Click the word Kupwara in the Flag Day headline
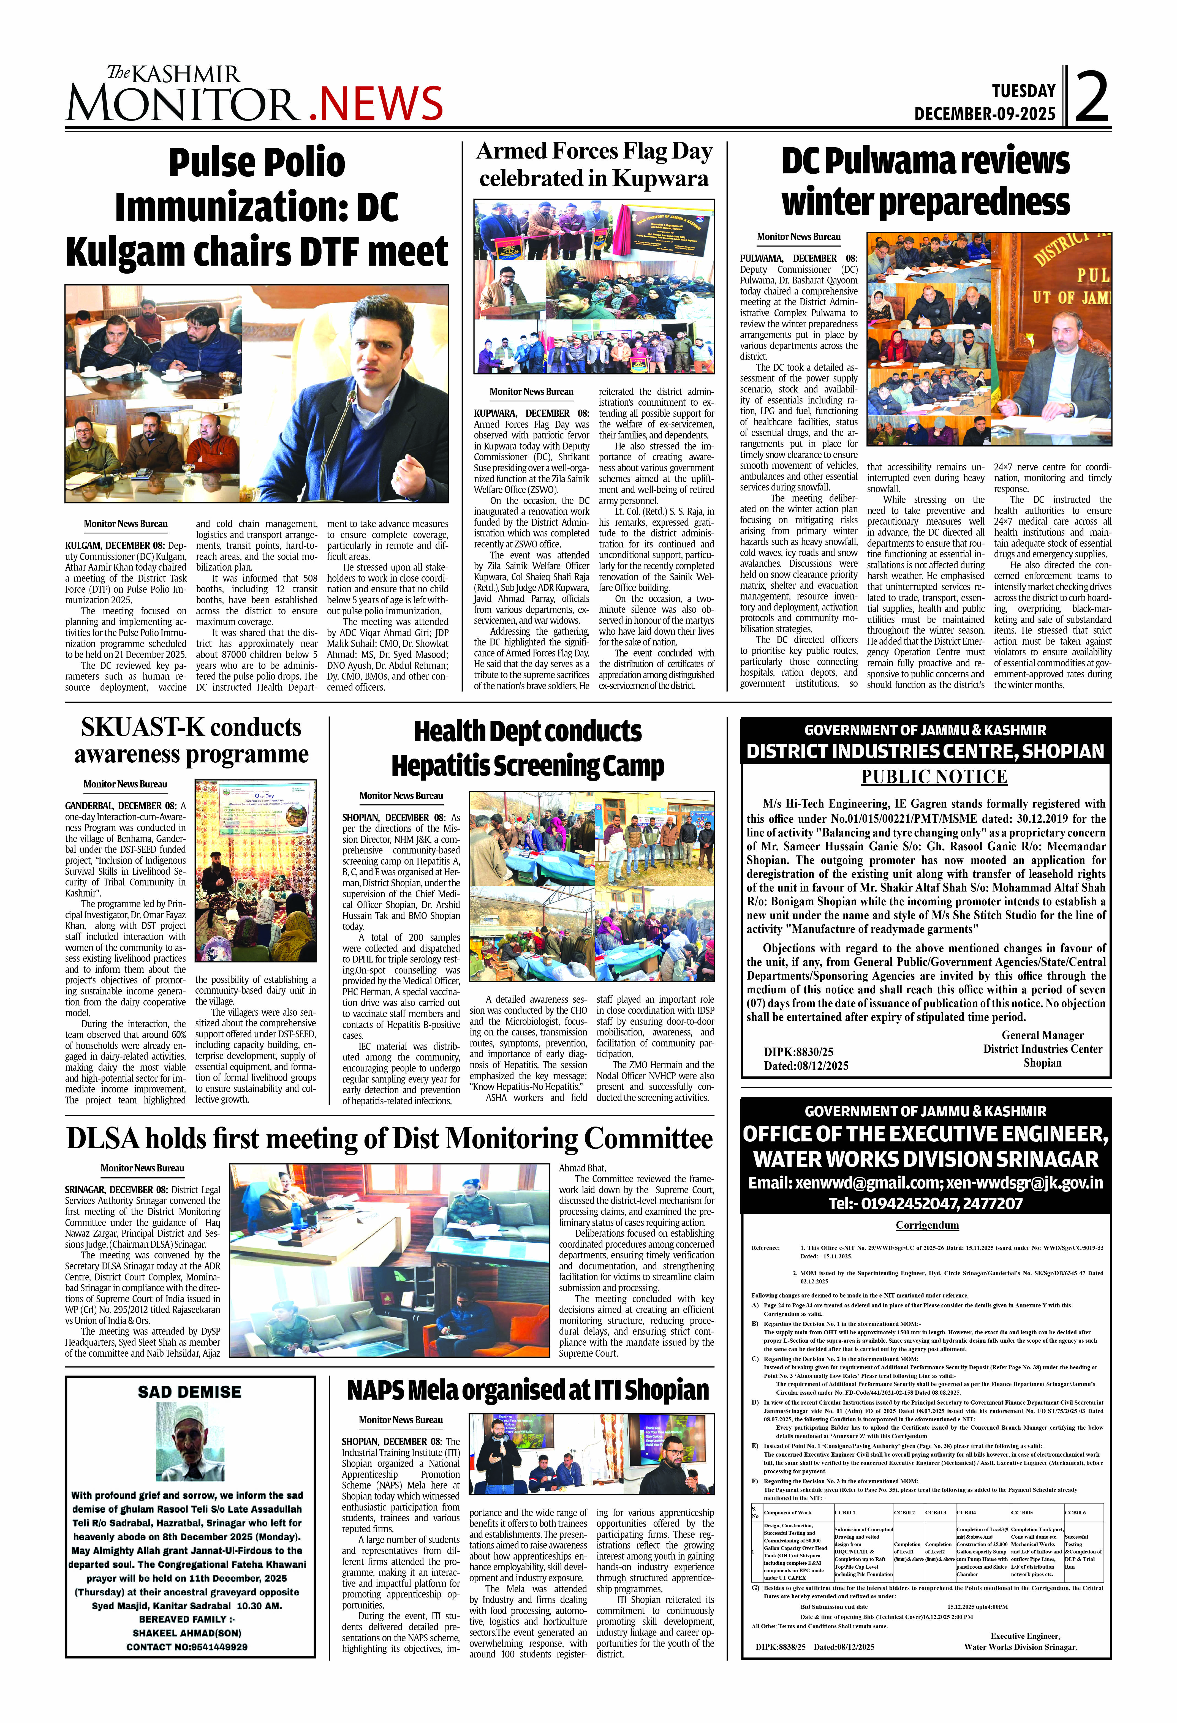[x=660, y=179]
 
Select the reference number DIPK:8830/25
[x=798, y=1051]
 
